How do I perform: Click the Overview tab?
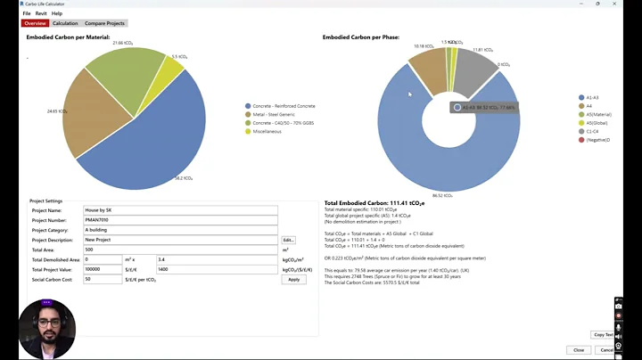[35, 23]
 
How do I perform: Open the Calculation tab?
[65, 23]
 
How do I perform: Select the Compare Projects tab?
[103, 23]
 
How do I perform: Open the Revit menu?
[41, 13]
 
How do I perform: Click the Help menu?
[57, 13]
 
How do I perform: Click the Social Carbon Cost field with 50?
[102, 279]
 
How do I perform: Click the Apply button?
[293, 279]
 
